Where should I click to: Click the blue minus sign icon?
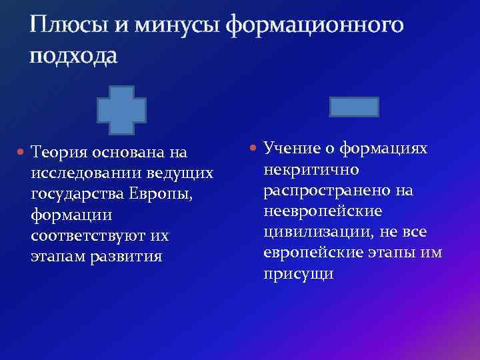tap(355, 107)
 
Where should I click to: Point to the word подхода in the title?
tap(73, 57)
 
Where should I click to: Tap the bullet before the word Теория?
tap(21, 153)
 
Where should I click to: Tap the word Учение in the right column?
tap(292, 147)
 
